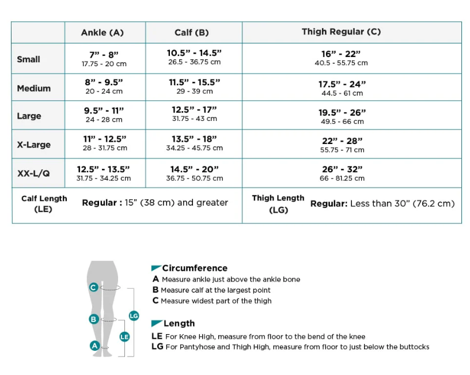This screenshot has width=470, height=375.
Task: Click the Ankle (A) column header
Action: (103, 32)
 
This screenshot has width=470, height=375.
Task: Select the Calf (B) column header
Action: (192, 32)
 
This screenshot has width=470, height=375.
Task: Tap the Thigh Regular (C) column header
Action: (341, 32)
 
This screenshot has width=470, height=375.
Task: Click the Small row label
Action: (29, 59)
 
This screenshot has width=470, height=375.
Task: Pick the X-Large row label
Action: (33, 145)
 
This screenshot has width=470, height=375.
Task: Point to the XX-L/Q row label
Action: (33, 173)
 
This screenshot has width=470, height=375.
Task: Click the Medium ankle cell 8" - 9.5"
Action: (104, 86)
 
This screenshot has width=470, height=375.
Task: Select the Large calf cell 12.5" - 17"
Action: (194, 114)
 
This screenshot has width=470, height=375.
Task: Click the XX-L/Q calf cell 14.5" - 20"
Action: (194, 173)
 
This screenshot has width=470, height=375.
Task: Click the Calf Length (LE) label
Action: (44, 204)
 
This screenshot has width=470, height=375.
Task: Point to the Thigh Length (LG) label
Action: (278, 204)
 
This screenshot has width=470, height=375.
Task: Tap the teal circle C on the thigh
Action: (93, 287)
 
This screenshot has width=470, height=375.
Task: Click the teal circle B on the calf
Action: (93, 319)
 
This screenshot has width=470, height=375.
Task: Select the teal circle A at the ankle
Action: (94, 346)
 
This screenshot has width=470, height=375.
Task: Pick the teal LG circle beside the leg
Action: (134, 316)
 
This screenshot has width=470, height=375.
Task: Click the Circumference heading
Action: (194, 268)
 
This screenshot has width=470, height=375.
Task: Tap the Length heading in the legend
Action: (179, 323)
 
